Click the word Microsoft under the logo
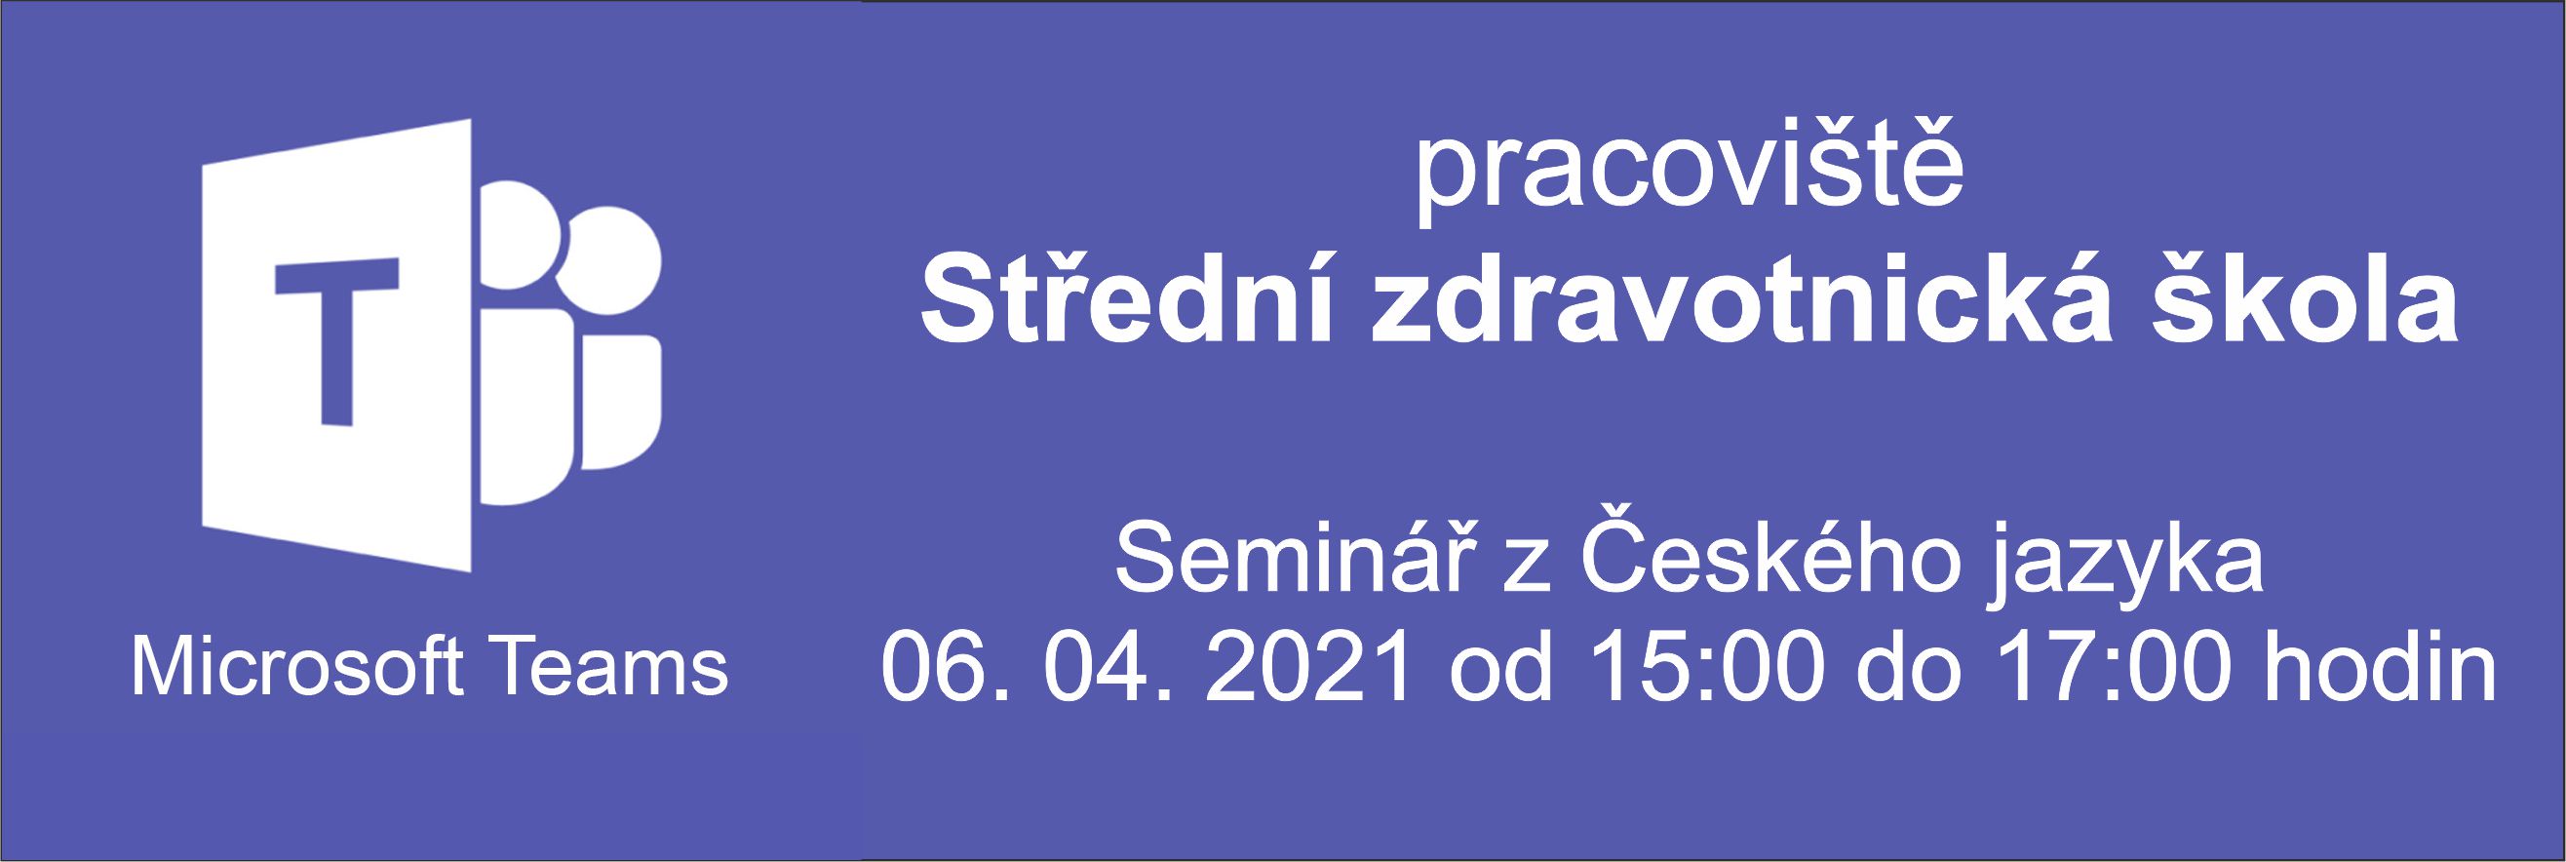pyautogui.click(x=295, y=669)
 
